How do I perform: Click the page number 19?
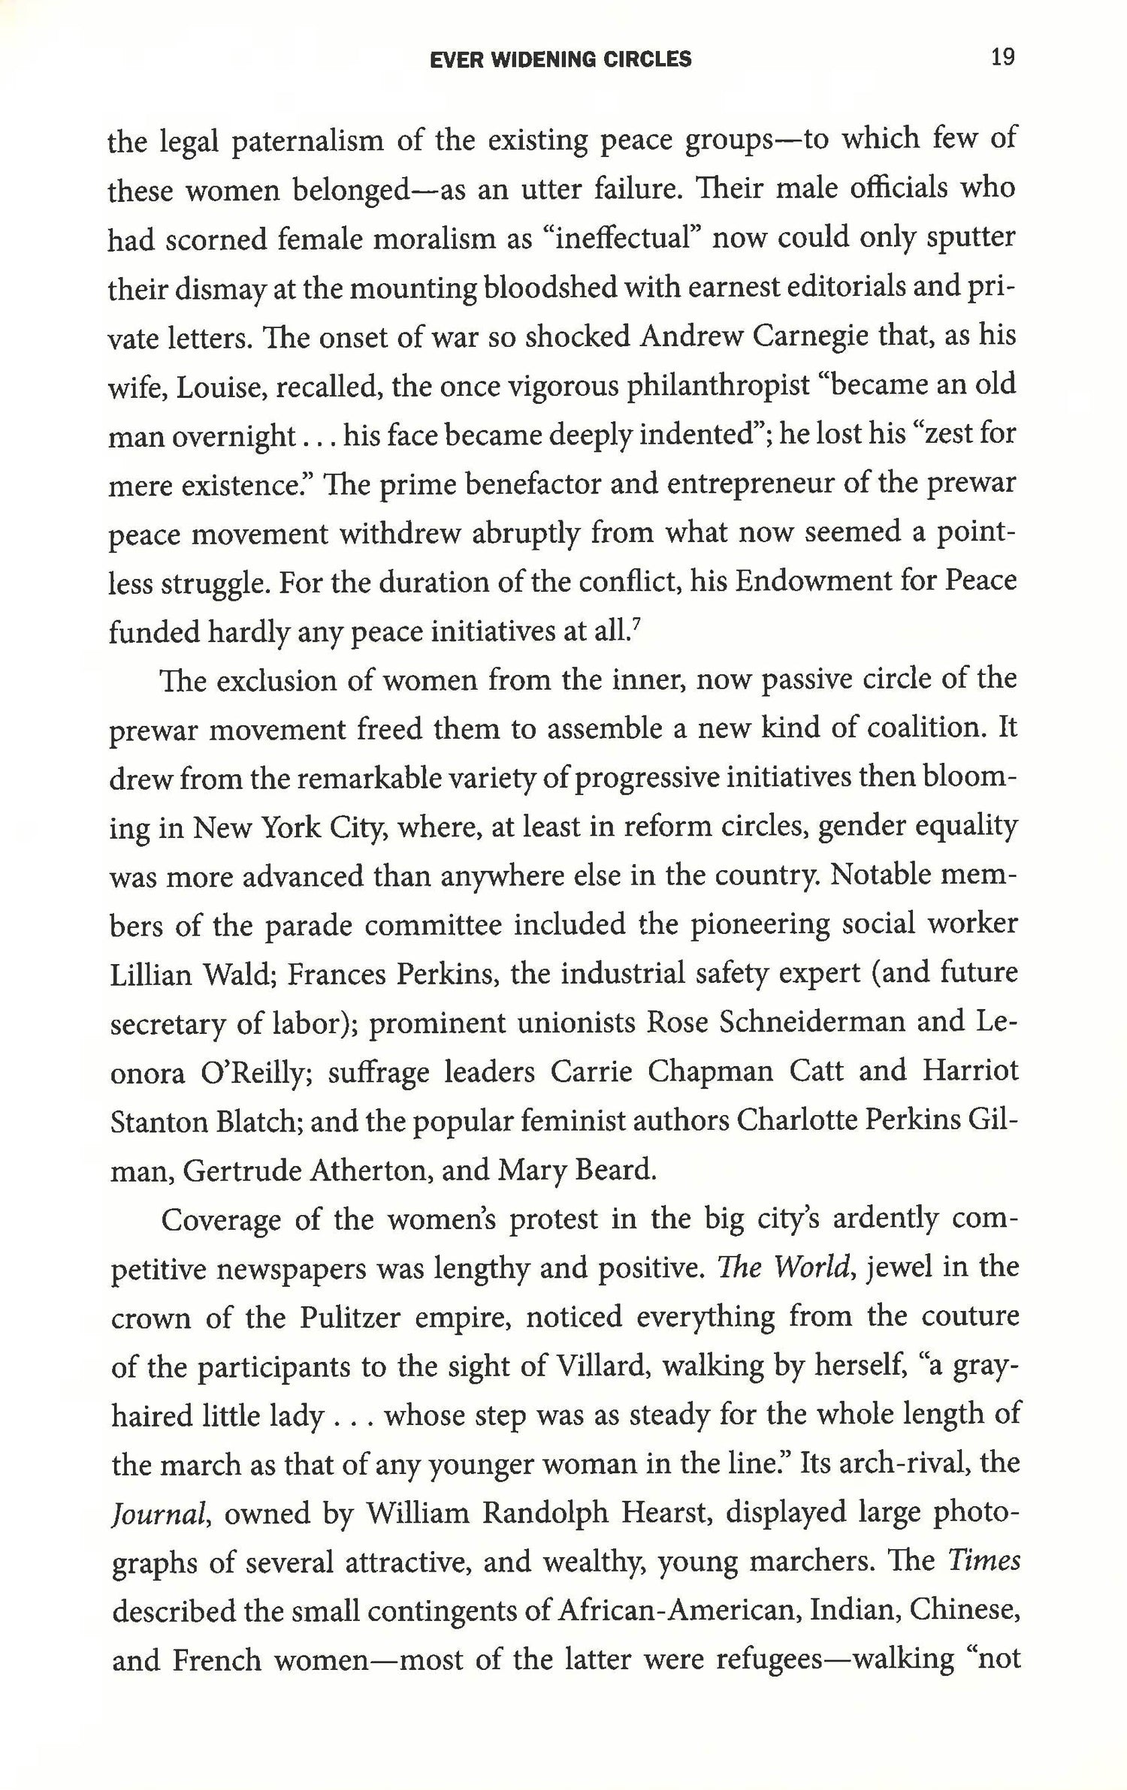1002,58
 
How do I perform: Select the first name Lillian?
153,975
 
